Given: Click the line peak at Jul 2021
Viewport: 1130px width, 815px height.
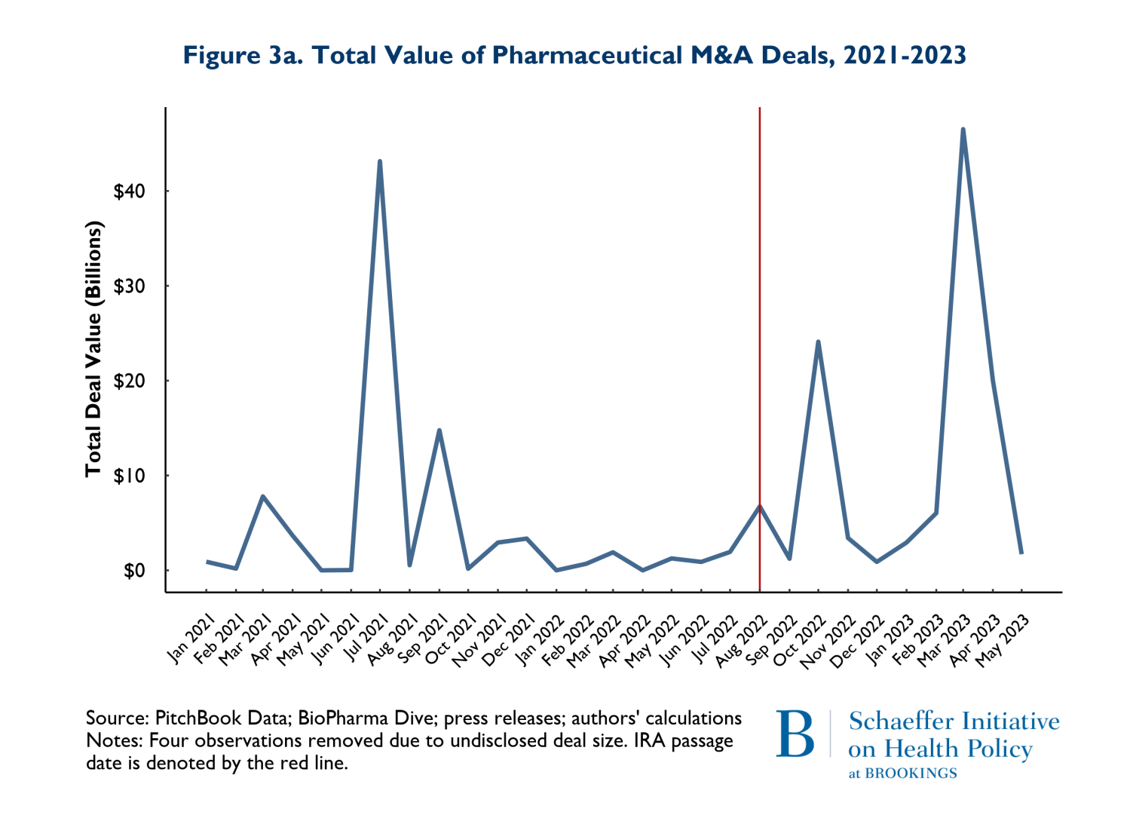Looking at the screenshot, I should (x=379, y=161).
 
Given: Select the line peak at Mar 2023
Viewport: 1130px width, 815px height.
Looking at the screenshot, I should (x=963, y=130).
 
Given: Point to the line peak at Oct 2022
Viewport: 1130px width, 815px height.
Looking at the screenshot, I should (x=818, y=342).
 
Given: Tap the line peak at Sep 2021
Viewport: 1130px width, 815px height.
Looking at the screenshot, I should (x=439, y=430).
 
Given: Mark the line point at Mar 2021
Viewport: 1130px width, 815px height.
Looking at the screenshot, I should (x=262, y=496).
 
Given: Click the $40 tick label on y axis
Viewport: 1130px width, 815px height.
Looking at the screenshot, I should (x=129, y=191).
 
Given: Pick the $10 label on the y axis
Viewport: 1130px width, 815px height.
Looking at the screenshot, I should (x=129, y=476).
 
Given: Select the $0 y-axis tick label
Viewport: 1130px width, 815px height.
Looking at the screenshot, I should (x=133, y=571).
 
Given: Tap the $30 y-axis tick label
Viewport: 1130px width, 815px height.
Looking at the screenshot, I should (x=129, y=286).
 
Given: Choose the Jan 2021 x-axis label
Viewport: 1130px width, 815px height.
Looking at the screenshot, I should (x=189, y=639).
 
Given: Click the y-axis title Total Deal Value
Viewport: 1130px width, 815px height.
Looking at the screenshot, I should (x=93, y=349).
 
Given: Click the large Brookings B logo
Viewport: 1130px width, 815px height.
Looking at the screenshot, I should (x=795, y=733).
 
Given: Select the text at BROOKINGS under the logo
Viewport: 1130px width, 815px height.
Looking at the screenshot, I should (x=902, y=774).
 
